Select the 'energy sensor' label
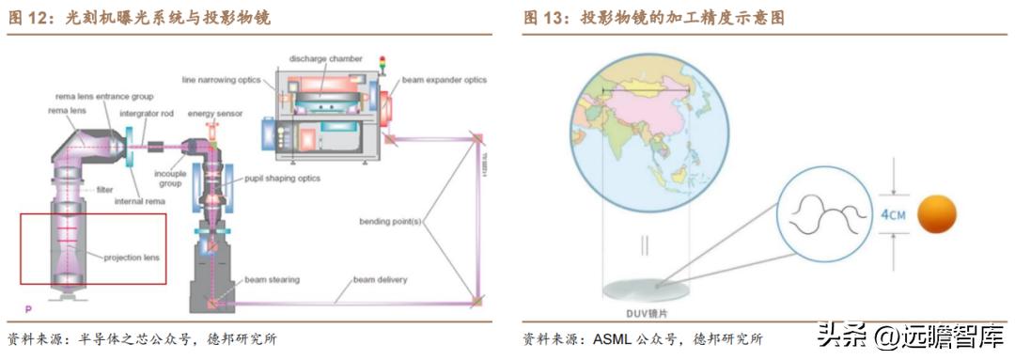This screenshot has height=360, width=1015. click(215, 113)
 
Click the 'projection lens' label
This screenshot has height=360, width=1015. click(130, 257)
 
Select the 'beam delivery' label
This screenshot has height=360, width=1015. click(382, 279)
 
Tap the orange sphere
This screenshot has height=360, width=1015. click(936, 213)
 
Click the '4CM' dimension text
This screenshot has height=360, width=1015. click(892, 214)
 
